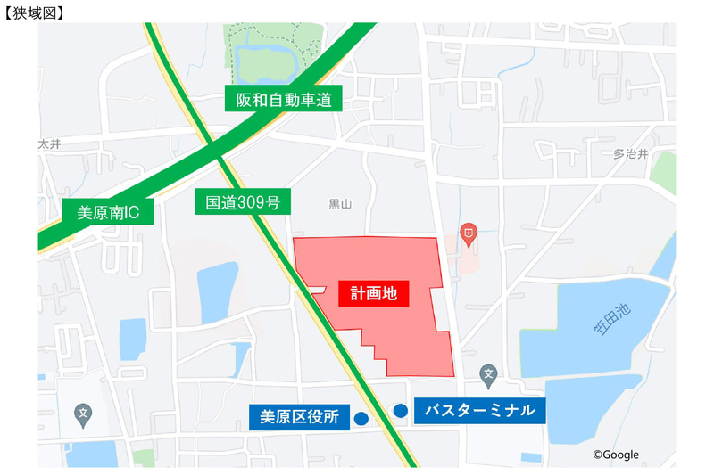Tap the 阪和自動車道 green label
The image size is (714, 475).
(284, 100)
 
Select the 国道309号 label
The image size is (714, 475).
(243, 203)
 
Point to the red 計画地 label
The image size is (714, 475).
(373, 291)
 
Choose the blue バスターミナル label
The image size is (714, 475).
(479, 410)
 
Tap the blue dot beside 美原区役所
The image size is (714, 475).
(361, 418)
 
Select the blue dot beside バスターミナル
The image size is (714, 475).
(401, 411)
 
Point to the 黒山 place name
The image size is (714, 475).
(340, 204)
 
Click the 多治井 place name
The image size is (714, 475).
(630, 153)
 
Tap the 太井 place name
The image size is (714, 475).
(49, 143)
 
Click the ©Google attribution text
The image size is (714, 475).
(616, 455)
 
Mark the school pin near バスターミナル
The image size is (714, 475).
(488, 373)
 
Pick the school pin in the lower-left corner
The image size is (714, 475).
(83, 414)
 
